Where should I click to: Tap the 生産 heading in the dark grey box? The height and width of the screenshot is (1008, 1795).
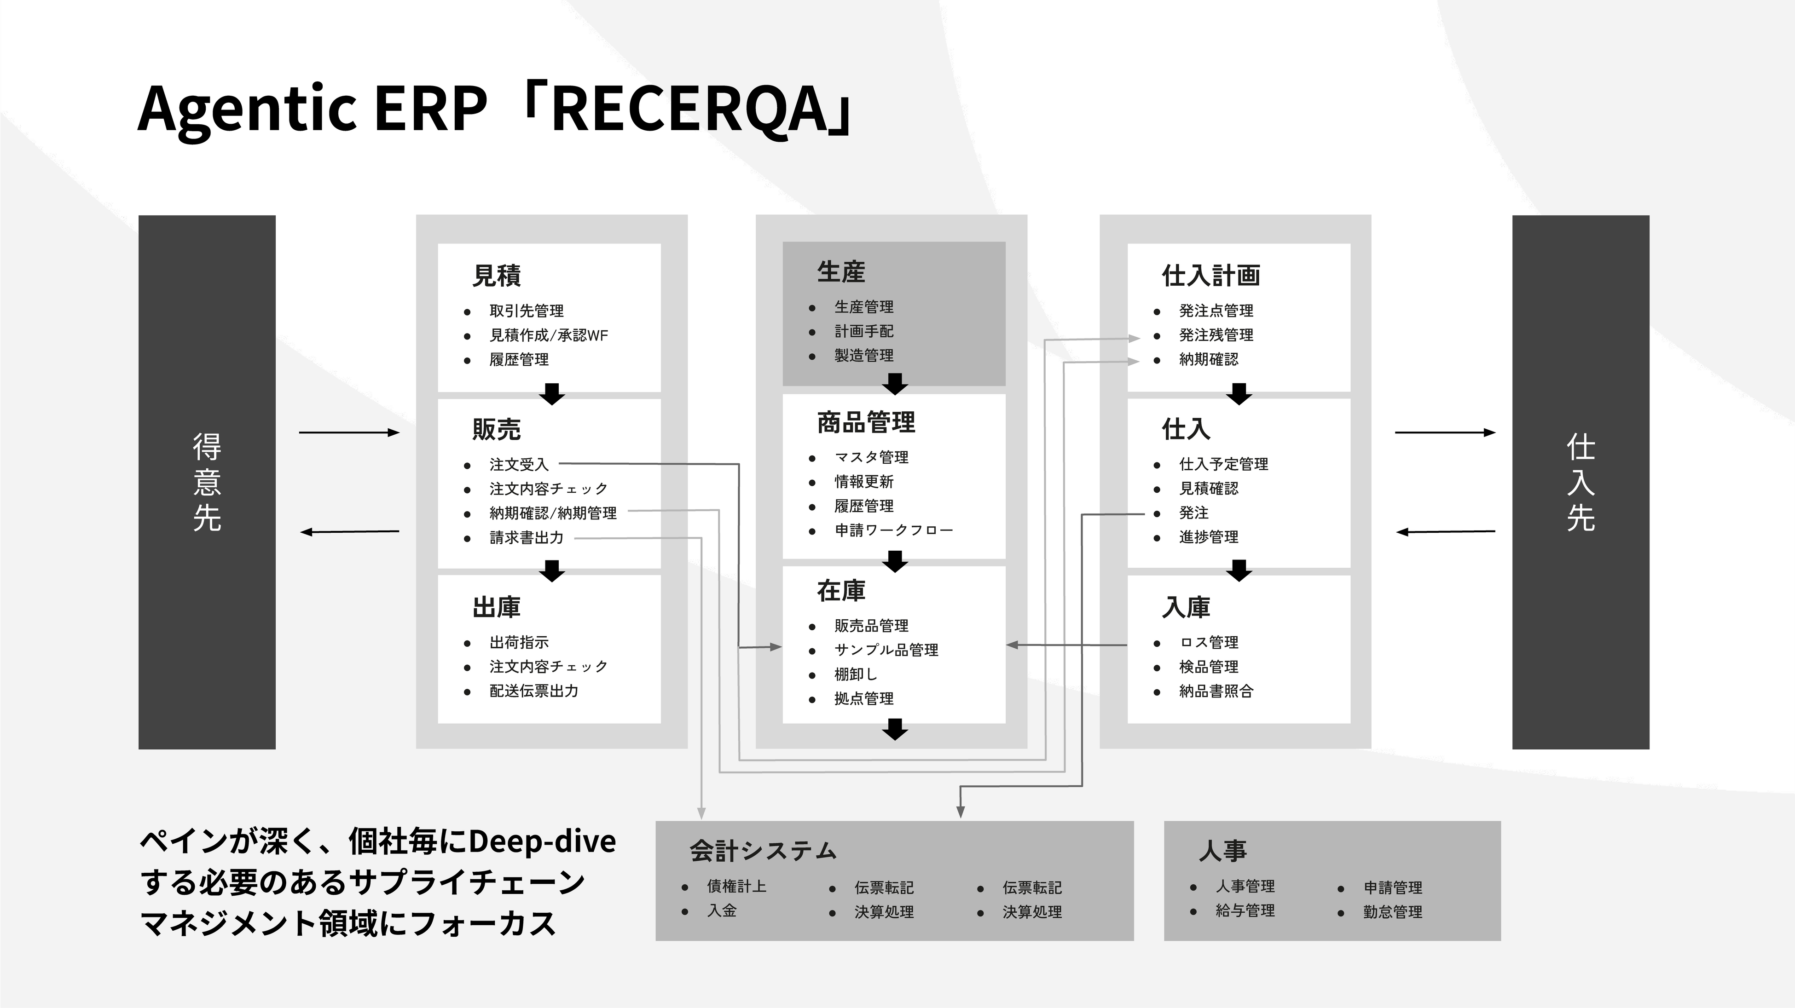(841, 272)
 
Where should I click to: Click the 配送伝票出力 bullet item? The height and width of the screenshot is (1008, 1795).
(534, 691)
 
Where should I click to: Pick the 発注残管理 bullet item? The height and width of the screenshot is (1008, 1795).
(1216, 335)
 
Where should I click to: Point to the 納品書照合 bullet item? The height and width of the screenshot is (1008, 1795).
(1216, 691)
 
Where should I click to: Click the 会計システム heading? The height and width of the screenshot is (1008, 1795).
(763, 851)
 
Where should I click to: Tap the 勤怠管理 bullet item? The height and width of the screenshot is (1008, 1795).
(1393, 912)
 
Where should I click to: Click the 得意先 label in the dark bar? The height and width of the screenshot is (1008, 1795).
(207, 482)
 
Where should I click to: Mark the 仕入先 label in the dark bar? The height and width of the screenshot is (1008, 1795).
(1581, 482)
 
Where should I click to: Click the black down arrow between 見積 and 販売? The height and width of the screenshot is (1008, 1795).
(552, 394)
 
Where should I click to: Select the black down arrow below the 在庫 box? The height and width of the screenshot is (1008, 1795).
(895, 729)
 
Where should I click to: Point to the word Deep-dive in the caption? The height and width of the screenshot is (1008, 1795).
(542, 841)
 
